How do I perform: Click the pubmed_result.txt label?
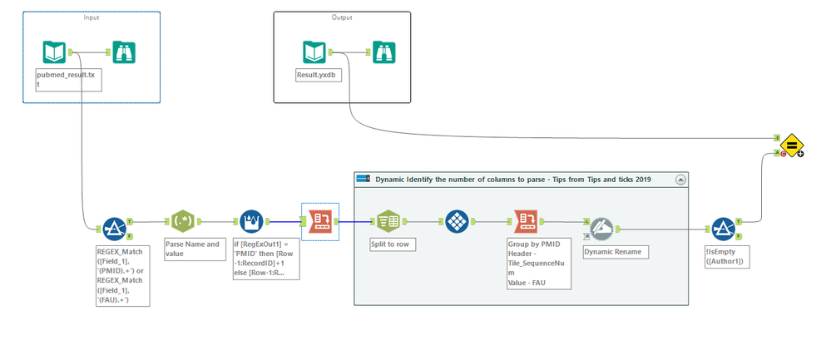(60, 79)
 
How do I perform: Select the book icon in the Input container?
(55, 52)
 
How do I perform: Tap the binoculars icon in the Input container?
(124, 52)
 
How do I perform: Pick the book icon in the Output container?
(314, 52)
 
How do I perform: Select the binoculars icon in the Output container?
(383, 52)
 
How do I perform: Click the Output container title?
(341, 17)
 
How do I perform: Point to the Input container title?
(91, 17)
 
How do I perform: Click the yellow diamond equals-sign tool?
(791, 145)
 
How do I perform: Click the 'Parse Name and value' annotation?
(192, 249)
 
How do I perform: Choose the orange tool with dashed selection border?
(320, 221)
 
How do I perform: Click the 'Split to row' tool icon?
(388, 221)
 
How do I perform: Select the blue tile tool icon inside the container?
(457, 221)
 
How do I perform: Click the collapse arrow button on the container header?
(680, 179)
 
